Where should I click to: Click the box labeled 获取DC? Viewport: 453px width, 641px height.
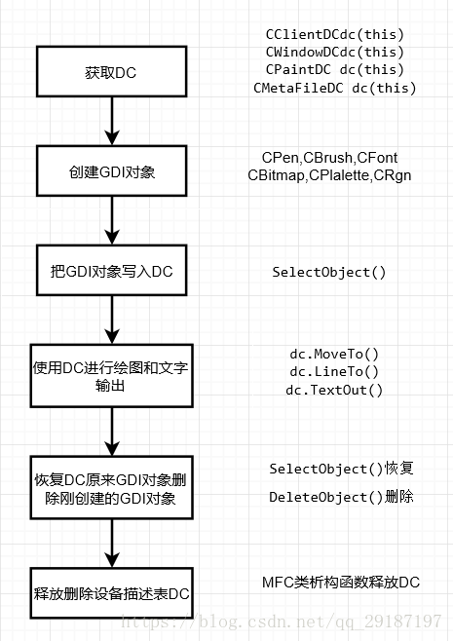point(112,71)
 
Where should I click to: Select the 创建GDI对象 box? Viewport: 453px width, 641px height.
point(112,170)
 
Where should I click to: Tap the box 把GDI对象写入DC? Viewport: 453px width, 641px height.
point(112,270)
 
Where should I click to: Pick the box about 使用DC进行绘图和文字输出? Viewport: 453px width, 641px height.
point(112,376)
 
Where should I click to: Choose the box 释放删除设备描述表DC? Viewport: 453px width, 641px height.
point(112,592)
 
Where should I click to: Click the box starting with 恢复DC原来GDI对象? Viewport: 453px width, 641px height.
point(112,488)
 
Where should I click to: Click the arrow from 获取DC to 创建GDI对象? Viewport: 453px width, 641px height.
point(112,121)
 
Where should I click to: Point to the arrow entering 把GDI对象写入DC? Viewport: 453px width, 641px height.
point(112,221)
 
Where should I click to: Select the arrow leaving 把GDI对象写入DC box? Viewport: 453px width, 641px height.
point(112,320)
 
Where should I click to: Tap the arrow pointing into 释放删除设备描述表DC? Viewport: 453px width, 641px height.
point(112,544)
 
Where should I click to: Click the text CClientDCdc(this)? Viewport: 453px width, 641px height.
point(335,35)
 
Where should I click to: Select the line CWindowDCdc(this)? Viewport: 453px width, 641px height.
point(335,53)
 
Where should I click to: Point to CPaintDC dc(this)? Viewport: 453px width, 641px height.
point(335,70)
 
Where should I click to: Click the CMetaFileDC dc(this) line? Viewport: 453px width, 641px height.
point(335,88)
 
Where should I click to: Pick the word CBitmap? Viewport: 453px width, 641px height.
point(276,175)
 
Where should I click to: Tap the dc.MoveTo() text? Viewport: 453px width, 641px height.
point(334,354)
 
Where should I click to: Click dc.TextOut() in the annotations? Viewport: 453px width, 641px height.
point(334,390)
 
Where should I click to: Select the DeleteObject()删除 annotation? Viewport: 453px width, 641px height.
point(341,497)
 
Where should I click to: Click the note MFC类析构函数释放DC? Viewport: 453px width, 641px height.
point(341,583)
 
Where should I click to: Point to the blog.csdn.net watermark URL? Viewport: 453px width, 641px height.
point(282,622)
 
